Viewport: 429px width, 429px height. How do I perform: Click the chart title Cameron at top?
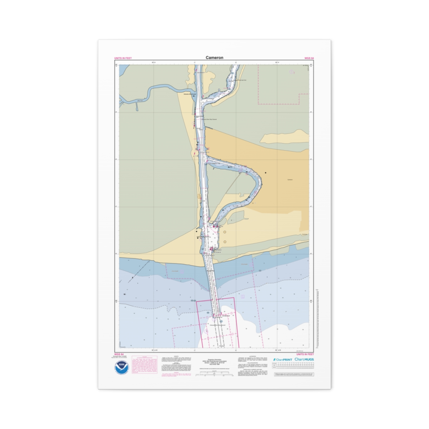click(214, 58)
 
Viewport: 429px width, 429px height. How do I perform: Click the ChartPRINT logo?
click(282, 359)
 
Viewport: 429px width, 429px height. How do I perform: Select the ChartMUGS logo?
click(304, 359)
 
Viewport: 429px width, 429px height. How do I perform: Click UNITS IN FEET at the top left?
click(123, 58)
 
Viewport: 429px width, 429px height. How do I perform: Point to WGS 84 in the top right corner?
click(309, 58)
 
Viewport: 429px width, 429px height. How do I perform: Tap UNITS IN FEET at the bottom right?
click(305, 354)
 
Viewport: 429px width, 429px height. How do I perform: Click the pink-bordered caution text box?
click(144, 365)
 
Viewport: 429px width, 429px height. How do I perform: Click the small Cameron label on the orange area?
click(290, 179)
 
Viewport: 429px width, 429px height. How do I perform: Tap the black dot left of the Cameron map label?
click(266, 173)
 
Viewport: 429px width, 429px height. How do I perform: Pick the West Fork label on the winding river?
click(139, 100)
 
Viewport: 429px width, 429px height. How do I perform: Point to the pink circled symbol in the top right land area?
click(292, 71)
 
